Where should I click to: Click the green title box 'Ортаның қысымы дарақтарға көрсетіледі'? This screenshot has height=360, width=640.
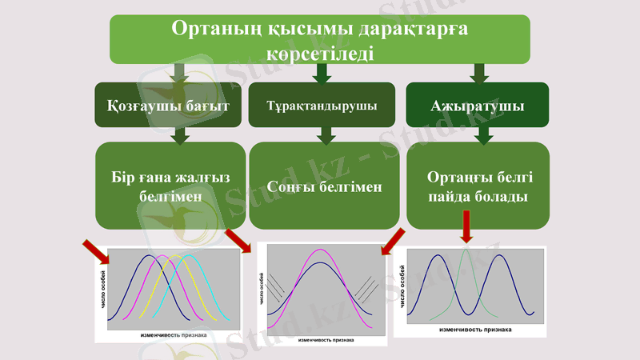pyautogui.click(x=320, y=39)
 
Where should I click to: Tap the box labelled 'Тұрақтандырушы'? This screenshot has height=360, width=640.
pyautogui.click(x=322, y=105)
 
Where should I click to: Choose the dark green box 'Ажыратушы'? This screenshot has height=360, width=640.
pyautogui.click(x=478, y=105)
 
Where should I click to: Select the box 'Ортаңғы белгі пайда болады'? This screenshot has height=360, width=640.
pyautogui.click(x=478, y=186)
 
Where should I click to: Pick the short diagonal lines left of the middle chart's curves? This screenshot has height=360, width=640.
pyautogui.click(x=275, y=286)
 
